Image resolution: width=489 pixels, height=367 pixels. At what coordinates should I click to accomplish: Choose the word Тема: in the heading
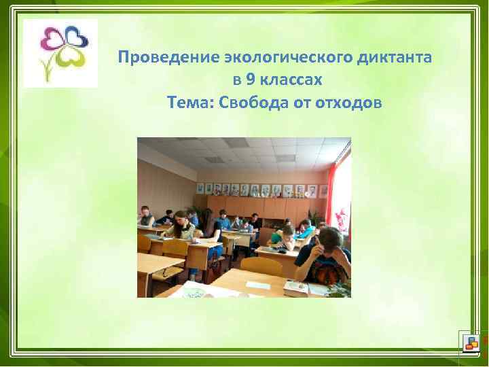[x=190, y=103]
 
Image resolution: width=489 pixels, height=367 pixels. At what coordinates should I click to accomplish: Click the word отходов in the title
[x=349, y=103]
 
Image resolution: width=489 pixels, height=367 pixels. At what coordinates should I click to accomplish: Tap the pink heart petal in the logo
[x=52, y=39]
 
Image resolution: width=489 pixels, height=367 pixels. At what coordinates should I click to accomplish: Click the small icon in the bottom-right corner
[x=469, y=342]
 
